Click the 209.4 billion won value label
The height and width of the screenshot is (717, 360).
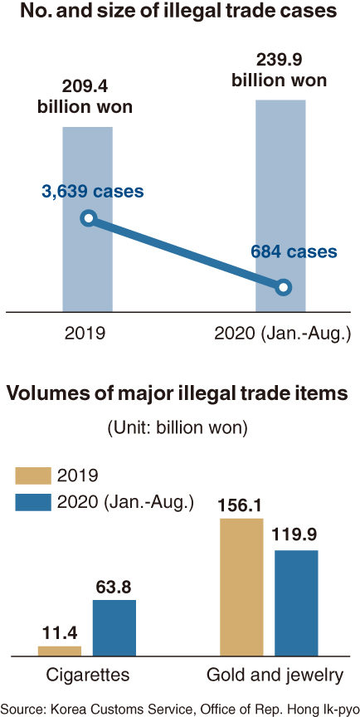85,97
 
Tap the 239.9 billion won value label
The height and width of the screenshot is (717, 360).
280,70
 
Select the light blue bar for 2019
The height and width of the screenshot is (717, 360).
88,219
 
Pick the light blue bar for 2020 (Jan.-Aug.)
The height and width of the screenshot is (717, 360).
280,206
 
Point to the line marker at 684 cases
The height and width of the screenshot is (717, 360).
283,287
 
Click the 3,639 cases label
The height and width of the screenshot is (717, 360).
93,192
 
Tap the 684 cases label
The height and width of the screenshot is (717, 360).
294,251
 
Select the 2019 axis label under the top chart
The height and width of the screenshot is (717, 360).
85,334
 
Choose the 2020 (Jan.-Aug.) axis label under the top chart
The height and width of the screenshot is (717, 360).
282,334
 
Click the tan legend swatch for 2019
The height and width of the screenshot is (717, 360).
33,476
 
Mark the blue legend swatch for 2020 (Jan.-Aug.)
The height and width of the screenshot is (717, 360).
33,502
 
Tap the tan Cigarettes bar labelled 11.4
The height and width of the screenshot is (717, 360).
60,651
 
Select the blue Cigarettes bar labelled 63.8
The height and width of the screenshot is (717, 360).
114,628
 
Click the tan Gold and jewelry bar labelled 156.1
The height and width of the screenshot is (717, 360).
241,588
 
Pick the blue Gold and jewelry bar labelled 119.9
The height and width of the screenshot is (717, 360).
296,603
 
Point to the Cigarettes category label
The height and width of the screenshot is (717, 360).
88,675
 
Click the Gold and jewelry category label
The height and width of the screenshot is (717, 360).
275,676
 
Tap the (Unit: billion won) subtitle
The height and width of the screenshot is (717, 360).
178,428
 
